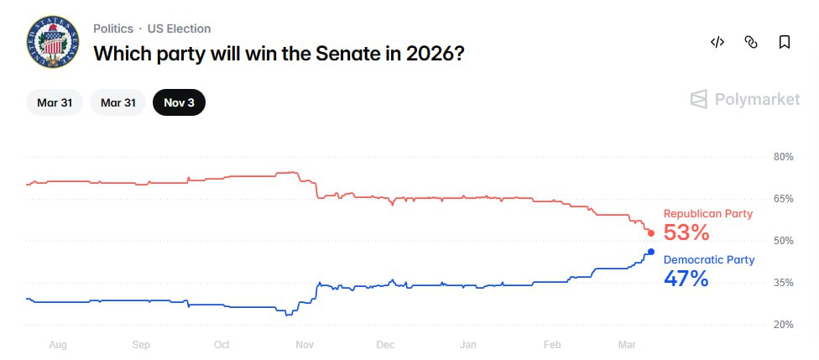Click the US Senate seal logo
pyautogui.click(x=53, y=42)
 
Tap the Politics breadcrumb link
pyautogui.click(x=113, y=29)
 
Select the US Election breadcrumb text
pyautogui.click(x=179, y=29)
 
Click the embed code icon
pyautogui.click(x=717, y=42)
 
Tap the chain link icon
pyautogui.click(x=751, y=42)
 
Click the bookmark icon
pyautogui.click(x=785, y=42)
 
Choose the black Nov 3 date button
pyautogui.click(x=179, y=102)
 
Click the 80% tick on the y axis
pyautogui.click(x=783, y=157)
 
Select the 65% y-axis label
pyautogui.click(x=783, y=199)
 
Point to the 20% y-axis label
pyautogui.click(x=783, y=325)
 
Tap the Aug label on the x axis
pyautogui.click(x=58, y=344)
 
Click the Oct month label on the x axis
pyautogui.click(x=222, y=344)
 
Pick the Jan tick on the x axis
pyautogui.click(x=468, y=344)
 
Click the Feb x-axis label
pyautogui.click(x=551, y=344)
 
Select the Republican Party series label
pyautogui.click(x=708, y=214)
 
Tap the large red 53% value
pyautogui.click(x=686, y=232)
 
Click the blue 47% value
pyautogui.click(x=686, y=279)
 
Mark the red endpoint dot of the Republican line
pyautogui.click(x=651, y=232)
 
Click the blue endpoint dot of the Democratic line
pyautogui.click(x=651, y=252)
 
